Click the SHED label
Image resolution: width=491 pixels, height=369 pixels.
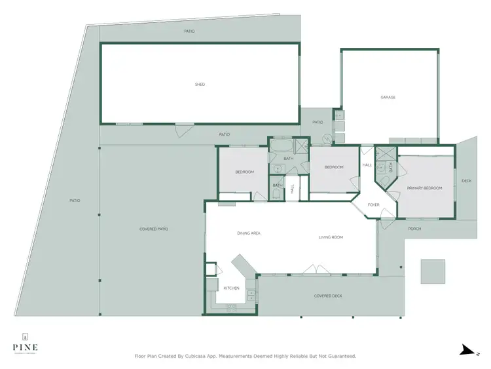[200, 84]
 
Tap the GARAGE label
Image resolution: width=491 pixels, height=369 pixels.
[388, 97]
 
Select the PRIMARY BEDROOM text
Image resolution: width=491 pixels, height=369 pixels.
[424, 188]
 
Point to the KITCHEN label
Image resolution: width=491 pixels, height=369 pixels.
[231, 288]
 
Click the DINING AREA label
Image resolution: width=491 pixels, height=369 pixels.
[249, 233]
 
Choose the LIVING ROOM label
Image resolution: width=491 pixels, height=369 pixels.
[331, 237]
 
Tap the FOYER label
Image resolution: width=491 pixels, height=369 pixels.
[373, 204]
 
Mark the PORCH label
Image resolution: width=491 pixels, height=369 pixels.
[414, 229]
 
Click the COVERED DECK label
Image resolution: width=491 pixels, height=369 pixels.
[328, 296]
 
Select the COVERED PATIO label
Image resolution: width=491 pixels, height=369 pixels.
[154, 229]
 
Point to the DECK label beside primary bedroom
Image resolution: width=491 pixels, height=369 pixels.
[466, 181]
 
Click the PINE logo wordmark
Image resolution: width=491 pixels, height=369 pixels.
[26, 347]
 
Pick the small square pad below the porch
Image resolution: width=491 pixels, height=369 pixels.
[433, 271]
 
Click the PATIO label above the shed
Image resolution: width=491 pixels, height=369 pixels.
[189, 31]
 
